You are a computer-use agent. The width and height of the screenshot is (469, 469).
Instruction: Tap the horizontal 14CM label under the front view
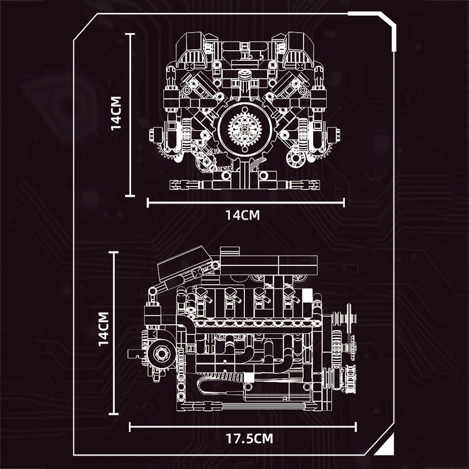pyautogui.click(x=242, y=215)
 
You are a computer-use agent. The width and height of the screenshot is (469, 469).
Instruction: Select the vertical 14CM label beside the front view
pyautogui.click(x=117, y=115)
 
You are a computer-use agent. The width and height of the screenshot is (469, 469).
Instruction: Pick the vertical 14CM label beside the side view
pyautogui.click(x=103, y=328)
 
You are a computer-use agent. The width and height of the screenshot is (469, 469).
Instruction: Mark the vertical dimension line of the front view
pyautogui.click(x=130, y=115)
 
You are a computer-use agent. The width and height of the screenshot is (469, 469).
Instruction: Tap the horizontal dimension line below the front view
pyautogui.click(x=245, y=201)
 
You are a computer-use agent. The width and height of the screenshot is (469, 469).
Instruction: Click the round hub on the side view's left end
pyautogui.click(x=161, y=353)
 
